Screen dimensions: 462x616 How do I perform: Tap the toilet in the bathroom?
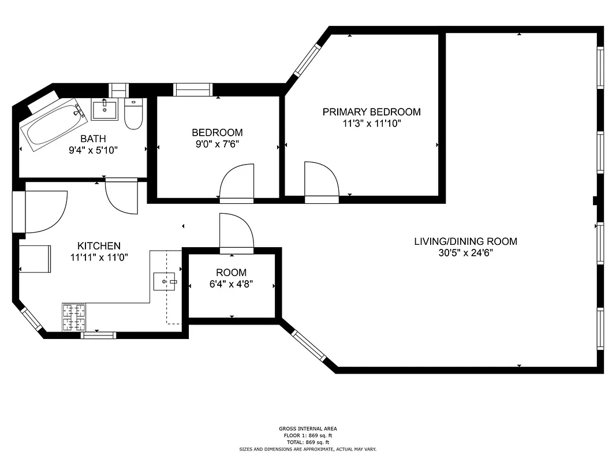coord(133,114)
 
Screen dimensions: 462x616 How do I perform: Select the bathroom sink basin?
coord(104,110)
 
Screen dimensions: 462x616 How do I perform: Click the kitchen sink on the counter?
coord(164,282)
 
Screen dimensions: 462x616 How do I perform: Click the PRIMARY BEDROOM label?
coord(371,112)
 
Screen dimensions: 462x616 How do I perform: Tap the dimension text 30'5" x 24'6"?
coord(465,253)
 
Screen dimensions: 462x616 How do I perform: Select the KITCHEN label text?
coord(99,245)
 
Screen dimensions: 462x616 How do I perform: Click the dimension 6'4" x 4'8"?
coord(231,284)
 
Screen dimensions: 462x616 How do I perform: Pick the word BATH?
coord(92,139)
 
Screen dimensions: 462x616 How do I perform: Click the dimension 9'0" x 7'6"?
coord(217,144)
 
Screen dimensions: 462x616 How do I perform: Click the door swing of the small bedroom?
coord(238,182)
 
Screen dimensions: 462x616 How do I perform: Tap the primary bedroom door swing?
coord(320,180)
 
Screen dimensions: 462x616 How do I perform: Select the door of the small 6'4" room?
coord(236,232)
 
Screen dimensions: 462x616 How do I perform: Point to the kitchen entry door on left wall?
coord(43,211)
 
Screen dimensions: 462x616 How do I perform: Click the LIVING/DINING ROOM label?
coord(465,241)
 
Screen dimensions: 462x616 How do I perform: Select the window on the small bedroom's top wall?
coord(193,90)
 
